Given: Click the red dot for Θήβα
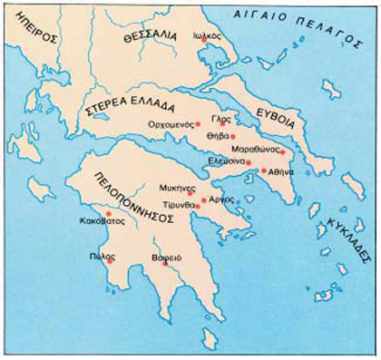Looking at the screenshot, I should (x=233, y=136).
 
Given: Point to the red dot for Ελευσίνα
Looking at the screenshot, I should (x=249, y=162).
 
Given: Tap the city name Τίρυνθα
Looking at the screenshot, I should (x=169, y=204).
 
